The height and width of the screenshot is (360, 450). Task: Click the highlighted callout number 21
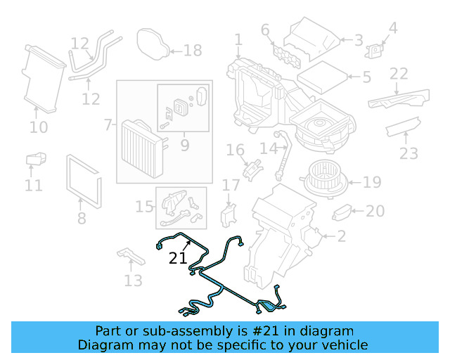pyautogui.click(x=178, y=258)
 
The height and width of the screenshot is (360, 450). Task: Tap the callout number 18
pyautogui.click(x=192, y=51)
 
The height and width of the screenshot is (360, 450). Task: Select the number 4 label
pyautogui.click(x=393, y=28)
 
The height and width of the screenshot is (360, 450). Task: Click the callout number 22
pyautogui.click(x=399, y=73)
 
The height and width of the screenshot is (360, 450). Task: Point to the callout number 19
pyautogui.click(x=372, y=182)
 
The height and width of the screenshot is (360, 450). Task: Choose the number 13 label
pyautogui.click(x=132, y=281)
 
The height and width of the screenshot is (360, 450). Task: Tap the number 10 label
pyautogui.click(x=39, y=127)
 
